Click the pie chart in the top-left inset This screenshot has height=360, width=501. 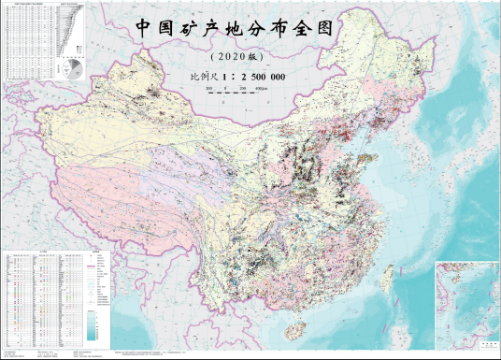click(x=70, y=69)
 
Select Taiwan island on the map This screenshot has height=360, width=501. click(x=388, y=278)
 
